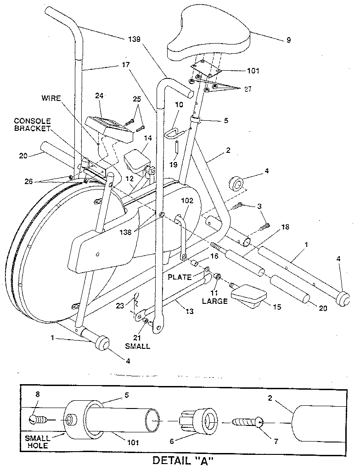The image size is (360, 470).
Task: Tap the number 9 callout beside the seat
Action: pos(288,40)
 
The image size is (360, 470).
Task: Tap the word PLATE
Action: pos(179,277)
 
